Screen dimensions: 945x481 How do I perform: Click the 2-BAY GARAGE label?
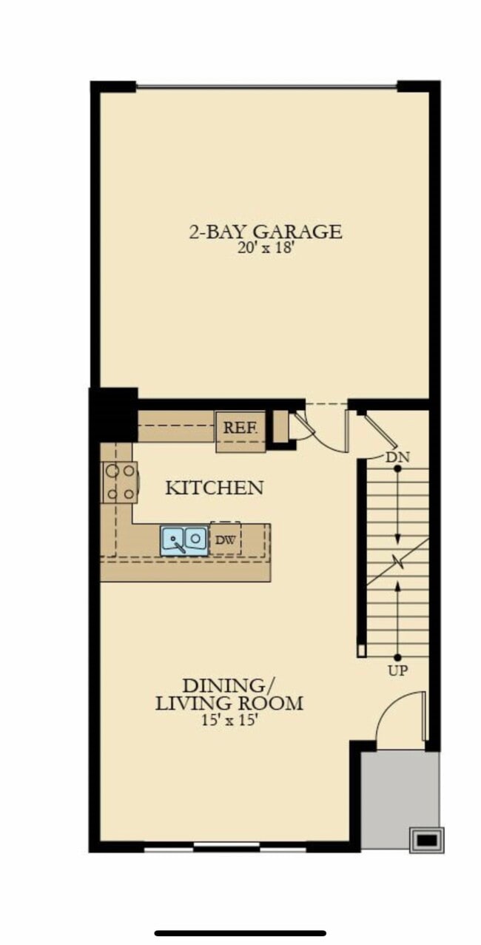[x=266, y=232]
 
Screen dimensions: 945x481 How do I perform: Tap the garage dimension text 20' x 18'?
[x=266, y=250]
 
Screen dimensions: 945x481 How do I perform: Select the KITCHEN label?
[x=214, y=488]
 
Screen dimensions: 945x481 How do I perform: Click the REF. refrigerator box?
[x=240, y=428]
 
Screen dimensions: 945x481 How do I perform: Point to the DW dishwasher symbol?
[x=225, y=540]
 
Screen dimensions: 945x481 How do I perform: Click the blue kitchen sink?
[x=184, y=539]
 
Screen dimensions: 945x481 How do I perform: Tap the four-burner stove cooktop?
[x=120, y=482]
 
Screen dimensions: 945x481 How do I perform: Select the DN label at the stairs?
[x=397, y=457]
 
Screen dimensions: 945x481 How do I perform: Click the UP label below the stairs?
[x=397, y=670]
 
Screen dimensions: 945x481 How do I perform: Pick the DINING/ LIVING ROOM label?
[x=229, y=693]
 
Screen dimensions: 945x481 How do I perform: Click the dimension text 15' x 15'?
[x=229, y=720]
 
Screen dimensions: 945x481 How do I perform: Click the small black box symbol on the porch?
[x=427, y=840]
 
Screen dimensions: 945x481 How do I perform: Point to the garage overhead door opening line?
[x=266, y=87]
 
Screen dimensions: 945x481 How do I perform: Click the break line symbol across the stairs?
[x=399, y=564]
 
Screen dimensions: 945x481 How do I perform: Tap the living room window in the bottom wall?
[x=226, y=847]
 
